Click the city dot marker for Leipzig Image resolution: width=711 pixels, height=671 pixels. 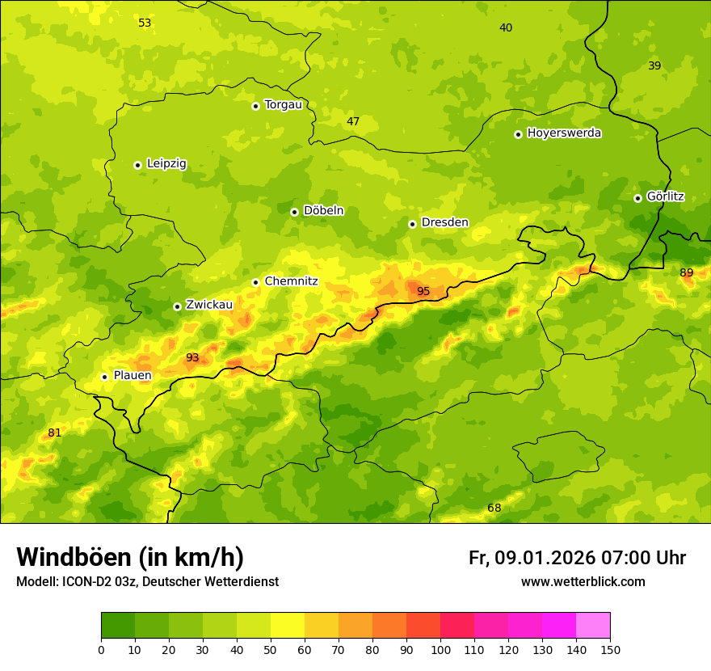[x=137, y=165]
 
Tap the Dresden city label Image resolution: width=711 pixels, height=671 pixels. [x=444, y=222]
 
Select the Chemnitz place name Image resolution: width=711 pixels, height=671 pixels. [x=291, y=281]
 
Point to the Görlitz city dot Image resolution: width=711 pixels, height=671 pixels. [x=637, y=198]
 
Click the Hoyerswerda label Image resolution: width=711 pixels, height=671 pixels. [x=564, y=133]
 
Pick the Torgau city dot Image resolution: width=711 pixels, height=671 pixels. [x=255, y=106]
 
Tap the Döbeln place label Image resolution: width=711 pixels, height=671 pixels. [x=323, y=211]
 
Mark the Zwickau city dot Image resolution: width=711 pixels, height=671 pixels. [x=177, y=306]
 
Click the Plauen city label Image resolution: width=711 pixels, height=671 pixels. [x=133, y=375]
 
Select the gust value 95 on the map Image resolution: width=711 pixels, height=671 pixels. [x=423, y=291]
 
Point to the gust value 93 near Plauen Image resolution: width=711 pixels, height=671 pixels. [x=192, y=357]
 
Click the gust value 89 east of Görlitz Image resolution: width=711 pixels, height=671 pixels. [x=686, y=272]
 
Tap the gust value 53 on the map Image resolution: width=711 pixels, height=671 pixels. [x=145, y=23]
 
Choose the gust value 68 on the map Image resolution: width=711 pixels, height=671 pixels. [x=494, y=508]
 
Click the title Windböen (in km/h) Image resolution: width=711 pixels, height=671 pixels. [x=130, y=557]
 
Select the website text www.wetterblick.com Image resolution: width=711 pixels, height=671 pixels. [x=583, y=581]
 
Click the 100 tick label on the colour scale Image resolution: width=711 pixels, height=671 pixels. [x=440, y=649]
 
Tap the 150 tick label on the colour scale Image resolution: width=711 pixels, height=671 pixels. [x=610, y=649]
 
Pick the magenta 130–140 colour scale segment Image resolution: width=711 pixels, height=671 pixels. [x=559, y=626]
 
